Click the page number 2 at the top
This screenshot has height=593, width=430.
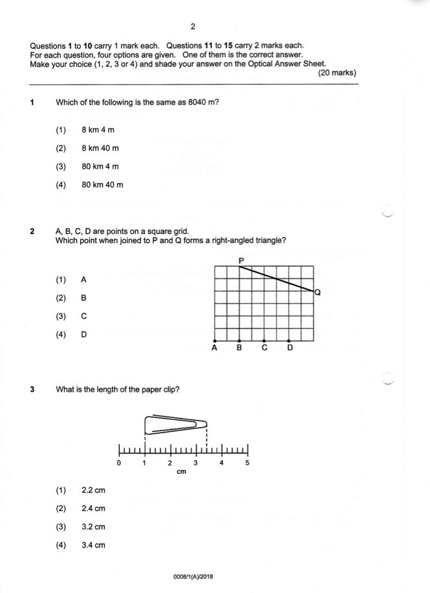193,26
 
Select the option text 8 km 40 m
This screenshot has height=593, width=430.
100,148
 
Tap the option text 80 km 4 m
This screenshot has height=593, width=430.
100,166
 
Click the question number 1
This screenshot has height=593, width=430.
32,102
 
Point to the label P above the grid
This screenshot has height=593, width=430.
241,260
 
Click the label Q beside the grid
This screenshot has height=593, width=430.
318,294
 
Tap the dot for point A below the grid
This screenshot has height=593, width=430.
214,340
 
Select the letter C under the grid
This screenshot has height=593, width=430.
265,348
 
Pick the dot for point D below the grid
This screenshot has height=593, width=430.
289,340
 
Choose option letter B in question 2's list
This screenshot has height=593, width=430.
84,298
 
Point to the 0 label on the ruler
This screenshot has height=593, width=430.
119,463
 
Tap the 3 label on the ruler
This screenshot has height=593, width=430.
196,463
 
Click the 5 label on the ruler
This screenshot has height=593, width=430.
247,463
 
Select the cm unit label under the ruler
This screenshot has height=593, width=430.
182,471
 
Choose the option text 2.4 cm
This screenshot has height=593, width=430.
93,508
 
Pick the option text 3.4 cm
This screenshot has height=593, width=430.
93,545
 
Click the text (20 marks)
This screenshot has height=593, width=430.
337,73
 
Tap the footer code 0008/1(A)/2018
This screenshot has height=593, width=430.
193,577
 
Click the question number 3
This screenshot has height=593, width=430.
32,390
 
